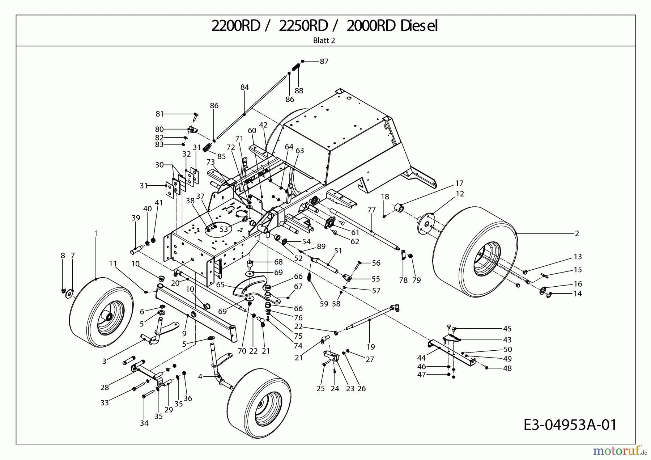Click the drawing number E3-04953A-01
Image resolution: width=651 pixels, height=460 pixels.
(570, 425)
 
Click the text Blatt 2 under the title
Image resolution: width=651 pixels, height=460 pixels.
(324, 41)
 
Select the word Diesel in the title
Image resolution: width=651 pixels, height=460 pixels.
(419, 26)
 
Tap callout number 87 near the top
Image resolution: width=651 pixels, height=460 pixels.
(324, 62)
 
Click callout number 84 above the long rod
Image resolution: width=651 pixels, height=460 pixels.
(245, 87)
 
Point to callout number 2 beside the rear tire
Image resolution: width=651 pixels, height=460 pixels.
(577, 234)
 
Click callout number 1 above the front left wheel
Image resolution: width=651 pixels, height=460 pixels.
(97, 233)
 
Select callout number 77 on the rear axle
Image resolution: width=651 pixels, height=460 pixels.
(371, 210)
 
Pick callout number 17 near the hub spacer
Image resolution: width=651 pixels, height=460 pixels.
(459, 183)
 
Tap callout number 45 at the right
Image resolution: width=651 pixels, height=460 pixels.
(507, 329)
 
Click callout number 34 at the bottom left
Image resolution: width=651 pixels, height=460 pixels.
(144, 423)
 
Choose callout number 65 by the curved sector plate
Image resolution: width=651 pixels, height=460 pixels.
(221, 285)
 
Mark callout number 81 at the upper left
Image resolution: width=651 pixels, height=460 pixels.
(159, 114)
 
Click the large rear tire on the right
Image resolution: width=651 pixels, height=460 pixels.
(474, 253)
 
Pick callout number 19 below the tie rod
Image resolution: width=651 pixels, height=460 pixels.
(371, 347)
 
